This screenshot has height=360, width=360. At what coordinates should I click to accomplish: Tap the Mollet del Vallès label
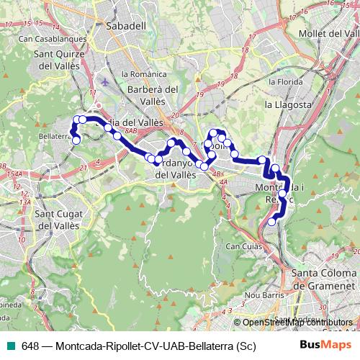coord(328,34)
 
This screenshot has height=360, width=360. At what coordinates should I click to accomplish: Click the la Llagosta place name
coord(288,105)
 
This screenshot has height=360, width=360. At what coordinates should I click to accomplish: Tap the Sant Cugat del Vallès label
coord(61,219)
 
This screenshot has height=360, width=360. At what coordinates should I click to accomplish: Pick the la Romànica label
coord(140,73)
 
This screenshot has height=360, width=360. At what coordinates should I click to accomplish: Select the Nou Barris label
coord(261,295)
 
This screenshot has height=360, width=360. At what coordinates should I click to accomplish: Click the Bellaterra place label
coord(55,135)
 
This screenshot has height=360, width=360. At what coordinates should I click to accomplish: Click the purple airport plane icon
coord(107,81)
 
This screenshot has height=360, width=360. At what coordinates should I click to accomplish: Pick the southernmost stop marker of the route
coord(271,222)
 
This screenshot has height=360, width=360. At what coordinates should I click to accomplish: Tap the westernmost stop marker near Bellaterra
coord(71,130)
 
